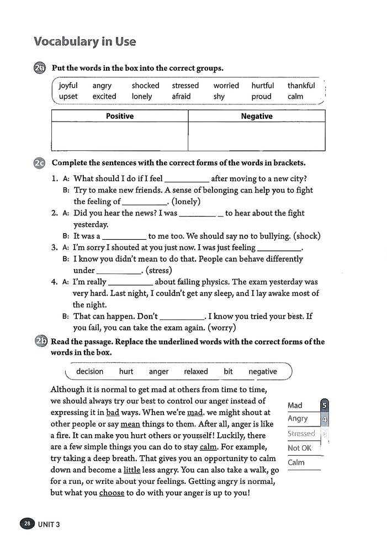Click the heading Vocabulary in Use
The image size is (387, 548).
coord(84,41)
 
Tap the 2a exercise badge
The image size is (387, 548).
coord(40,68)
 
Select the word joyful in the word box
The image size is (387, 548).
coord(68,86)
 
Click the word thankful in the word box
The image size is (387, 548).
coord(301,86)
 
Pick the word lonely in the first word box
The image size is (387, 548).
coord(142,96)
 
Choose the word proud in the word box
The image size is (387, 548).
coord(261,96)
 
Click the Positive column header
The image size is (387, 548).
coord(120,116)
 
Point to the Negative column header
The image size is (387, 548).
coord(257,116)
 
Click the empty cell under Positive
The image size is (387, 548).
coord(120,136)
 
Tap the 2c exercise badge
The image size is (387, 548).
coord(40,163)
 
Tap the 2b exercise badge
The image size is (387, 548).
coord(40,342)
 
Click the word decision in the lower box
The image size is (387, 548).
coord(89,372)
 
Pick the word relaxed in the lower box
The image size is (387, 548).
coord(196,372)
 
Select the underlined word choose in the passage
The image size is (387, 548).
coord(112,493)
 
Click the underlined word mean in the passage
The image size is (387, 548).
coord(130,424)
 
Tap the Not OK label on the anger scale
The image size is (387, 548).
coord(300,448)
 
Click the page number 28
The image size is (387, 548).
coord(26,524)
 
